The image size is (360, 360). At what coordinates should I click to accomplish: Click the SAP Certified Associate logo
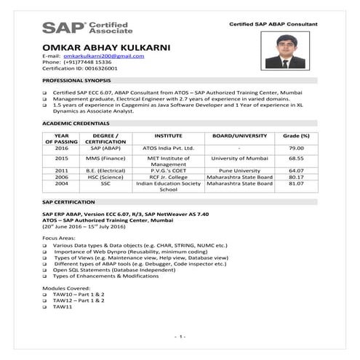[x=87, y=28]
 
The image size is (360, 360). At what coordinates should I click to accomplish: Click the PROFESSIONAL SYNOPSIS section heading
[x=76, y=79]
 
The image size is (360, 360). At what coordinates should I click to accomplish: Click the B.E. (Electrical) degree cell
[x=106, y=170]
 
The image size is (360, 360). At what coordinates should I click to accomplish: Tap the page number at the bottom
[x=180, y=337]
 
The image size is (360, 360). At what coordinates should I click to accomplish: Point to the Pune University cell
[x=239, y=170]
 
